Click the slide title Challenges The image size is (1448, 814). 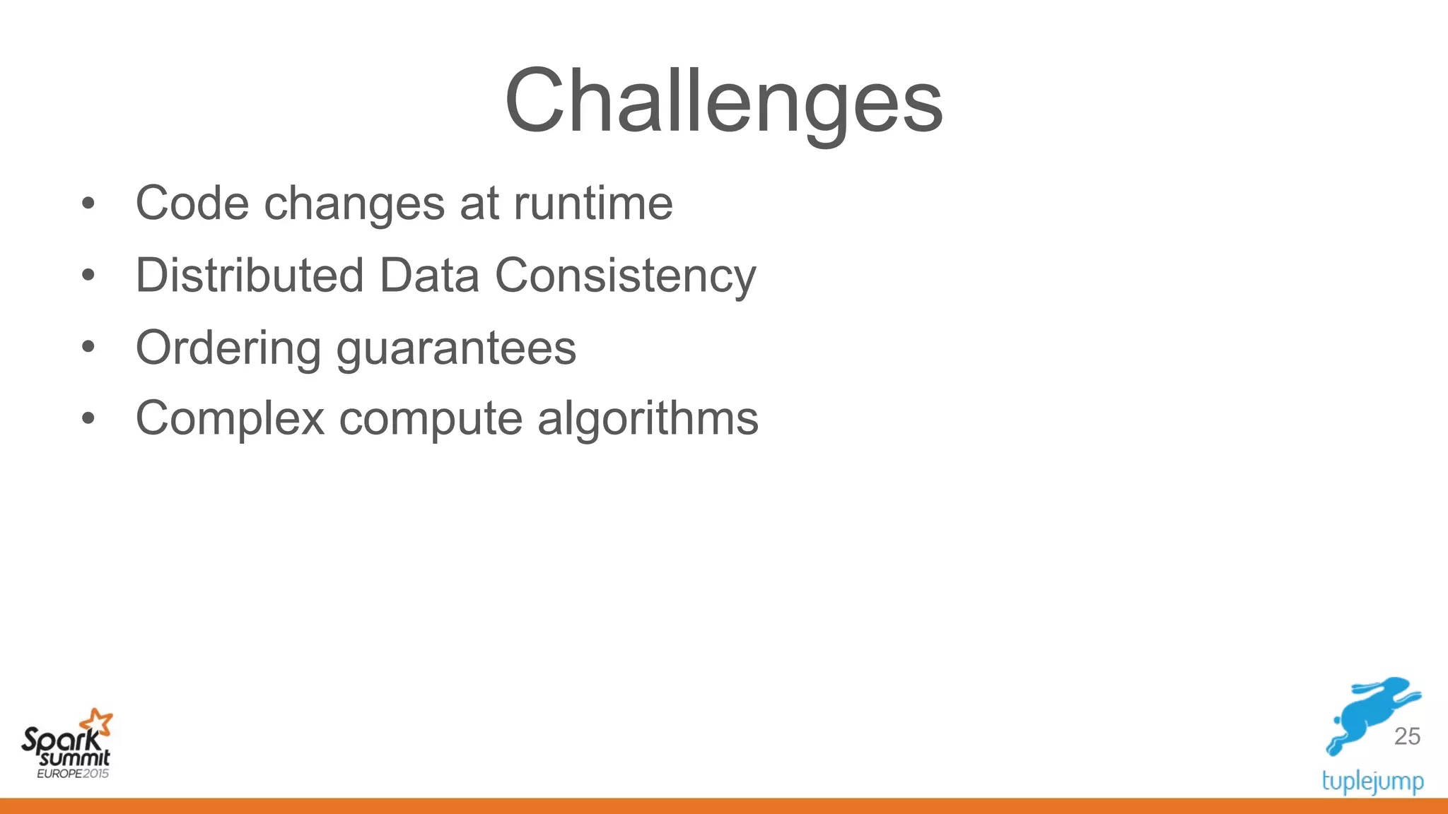pyautogui.click(x=723, y=101)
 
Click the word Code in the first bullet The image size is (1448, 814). pyautogui.click(x=192, y=203)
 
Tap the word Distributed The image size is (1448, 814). pyautogui.click(x=250, y=275)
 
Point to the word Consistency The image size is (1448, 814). pyautogui.click(x=625, y=276)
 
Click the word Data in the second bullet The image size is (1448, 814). pyautogui.click(x=430, y=275)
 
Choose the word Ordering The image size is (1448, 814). pyautogui.click(x=228, y=349)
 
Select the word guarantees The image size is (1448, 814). pyautogui.click(x=456, y=349)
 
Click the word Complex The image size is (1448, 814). pyautogui.click(x=230, y=419)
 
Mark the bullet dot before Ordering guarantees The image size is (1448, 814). pyautogui.click(x=88, y=347)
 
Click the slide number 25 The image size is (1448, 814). pyautogui.click(x=1407, y=736)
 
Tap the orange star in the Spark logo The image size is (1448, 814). pyautogui.click(x=97, y=723)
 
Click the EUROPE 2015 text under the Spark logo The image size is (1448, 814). pyautogui.click(x=73, y=774)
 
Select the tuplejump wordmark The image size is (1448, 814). pyautogui.click(x=1372, y=781)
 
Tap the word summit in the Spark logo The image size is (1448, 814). pyautogui.click(x=75, y=759)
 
